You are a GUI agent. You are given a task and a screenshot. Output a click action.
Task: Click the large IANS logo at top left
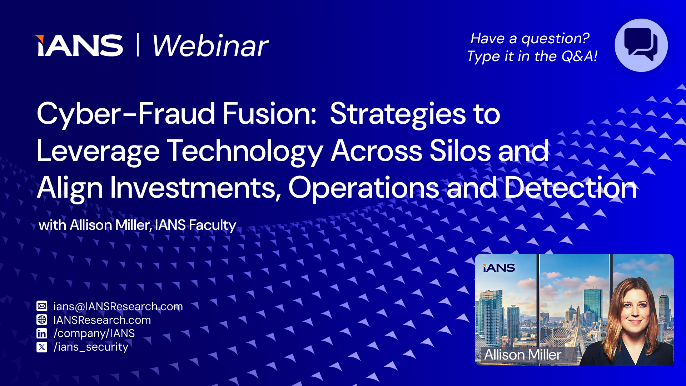[79, 46]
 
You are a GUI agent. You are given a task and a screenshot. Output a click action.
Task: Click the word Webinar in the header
[210, 46]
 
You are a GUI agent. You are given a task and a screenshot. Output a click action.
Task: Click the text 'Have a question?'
[530, 38]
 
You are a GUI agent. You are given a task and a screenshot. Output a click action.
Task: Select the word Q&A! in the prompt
[579, 56]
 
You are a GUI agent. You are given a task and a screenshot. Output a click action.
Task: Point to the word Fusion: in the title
[269, 114]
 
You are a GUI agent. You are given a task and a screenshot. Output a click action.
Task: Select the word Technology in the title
[245, 151]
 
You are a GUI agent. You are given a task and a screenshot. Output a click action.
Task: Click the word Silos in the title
[460, 151]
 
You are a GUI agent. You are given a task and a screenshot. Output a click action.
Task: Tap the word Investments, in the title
[195, 188]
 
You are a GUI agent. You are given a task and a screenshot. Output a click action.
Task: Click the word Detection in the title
[571, 188]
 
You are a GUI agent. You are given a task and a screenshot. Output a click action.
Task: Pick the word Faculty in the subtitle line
[212, 225]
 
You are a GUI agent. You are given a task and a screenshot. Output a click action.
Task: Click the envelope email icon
[42, 306]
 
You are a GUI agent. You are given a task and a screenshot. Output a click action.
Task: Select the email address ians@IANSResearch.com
[118, 306]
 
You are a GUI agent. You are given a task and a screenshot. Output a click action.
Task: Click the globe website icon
[42, 320]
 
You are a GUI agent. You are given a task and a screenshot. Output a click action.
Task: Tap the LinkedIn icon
[42, 333]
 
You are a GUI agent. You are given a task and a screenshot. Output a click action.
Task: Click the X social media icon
[42, 347]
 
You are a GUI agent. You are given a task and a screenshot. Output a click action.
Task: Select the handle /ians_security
[91, 347]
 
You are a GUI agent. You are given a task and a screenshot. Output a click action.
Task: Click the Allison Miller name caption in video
[523, 355]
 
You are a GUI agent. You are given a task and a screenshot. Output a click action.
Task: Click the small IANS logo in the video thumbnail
[499, 268]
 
